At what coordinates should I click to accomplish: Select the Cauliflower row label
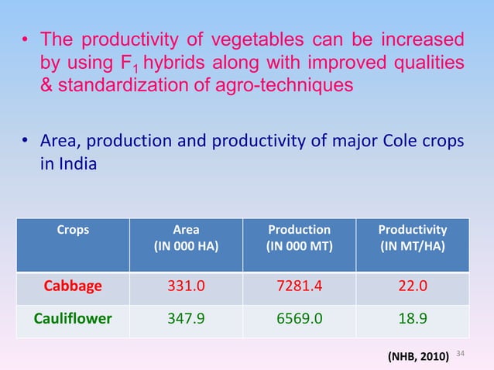point(73,316)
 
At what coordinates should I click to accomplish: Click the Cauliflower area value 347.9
point(187,316)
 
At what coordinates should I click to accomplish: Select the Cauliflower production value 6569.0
point(299,316)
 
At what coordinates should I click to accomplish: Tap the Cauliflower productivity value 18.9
point(412,316)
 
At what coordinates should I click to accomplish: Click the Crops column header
point(73,230)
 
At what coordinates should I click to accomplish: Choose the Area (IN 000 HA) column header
point(187,238)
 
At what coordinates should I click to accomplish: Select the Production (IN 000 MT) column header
point(299,238)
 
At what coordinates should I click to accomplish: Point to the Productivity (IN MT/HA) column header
point(412,238)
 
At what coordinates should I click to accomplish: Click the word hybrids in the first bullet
point(156,61)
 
